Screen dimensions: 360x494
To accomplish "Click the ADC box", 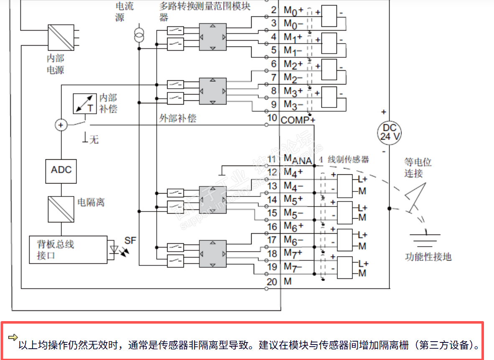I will pyautogui.click(x=61, y=170).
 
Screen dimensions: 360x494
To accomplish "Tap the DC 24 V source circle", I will pyautogui.click(x=389, y=132).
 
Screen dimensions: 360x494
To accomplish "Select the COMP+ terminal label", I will pyautogui.click(x=298, y=120).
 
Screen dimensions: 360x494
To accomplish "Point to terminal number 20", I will pyautogui.click(x=272, y=282).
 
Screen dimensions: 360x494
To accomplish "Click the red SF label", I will pyautogui.click(x=130, y=240).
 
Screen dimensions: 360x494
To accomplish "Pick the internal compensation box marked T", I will pyautogui.click(x=84, y=103).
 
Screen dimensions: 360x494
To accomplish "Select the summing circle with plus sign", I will pyautogui.click(x=61, y=125).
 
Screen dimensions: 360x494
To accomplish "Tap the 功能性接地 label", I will pyautogui.click(x=428, y=257).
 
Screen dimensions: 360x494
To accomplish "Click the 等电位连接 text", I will pyautogui.click(x=418, y=167).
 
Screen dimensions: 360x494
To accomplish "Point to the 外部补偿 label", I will pyautogui.click(x=178, y=118).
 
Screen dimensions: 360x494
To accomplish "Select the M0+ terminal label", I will pyautogui.click(x=293, y=10).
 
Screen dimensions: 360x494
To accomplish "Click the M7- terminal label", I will pyautogui.click(x=293, y=266).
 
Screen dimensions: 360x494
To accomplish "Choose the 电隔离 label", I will pyautogui.click(x=91, y=202).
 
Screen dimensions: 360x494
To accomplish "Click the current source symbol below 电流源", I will pyautogui.click(x=139, y=35).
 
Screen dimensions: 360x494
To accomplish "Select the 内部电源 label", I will pyautogui.click(x=55, y=64).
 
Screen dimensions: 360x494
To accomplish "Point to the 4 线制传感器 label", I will pyautogui.click(x=344, y=159).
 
